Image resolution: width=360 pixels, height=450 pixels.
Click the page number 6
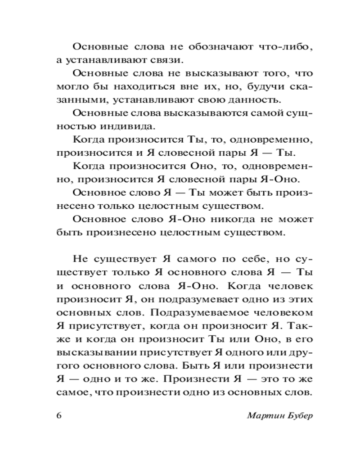point(59,415)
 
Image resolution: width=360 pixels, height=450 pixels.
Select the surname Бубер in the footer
point(298,415)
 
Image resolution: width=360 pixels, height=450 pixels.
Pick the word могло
point(70,86)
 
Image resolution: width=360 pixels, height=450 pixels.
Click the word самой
point(254,112)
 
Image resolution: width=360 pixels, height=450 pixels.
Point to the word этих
point(299,299)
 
